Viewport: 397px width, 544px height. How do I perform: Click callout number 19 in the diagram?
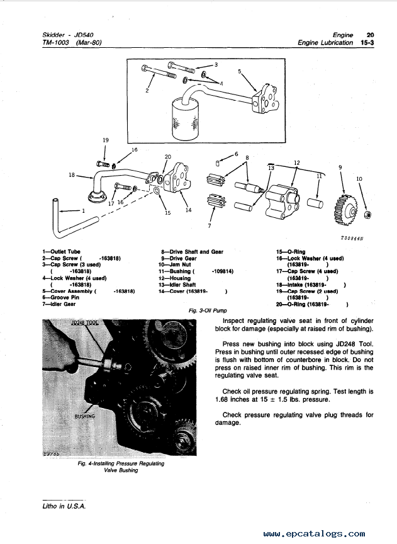(x=105, y=139)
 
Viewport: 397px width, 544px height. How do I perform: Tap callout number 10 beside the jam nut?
(x=359, y=179)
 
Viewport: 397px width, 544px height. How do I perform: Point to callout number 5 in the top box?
(x=239, y=72)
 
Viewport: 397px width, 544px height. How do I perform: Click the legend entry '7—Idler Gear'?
(x=59, y=303)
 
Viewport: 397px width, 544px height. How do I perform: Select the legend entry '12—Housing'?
(x=174, y=278)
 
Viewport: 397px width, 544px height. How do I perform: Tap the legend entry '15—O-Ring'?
(x=291, y=252)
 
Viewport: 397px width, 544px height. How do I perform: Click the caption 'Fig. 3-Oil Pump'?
(x=208, y=310)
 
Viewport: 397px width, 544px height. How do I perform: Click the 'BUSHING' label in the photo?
(x=85, y=416)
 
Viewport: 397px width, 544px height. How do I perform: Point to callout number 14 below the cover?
(x=188, y=210)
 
